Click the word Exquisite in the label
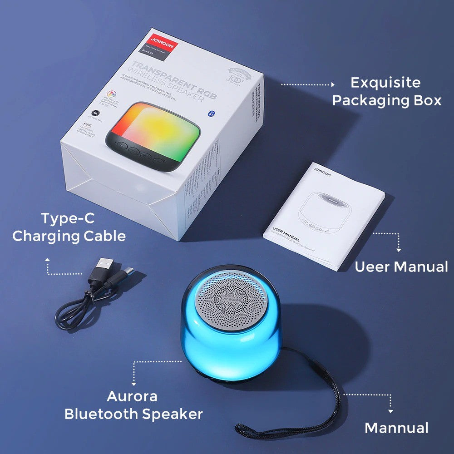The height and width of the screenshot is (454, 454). click(385, 83)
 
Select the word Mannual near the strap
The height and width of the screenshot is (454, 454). click(396, 428)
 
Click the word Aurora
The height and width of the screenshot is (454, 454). click(132, 396)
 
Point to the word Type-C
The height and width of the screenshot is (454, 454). click(68, 218)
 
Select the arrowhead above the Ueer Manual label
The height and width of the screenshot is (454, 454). click(399, 249)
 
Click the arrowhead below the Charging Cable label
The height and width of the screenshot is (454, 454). click(48, 259)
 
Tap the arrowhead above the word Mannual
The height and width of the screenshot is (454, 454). click(390, 411)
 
